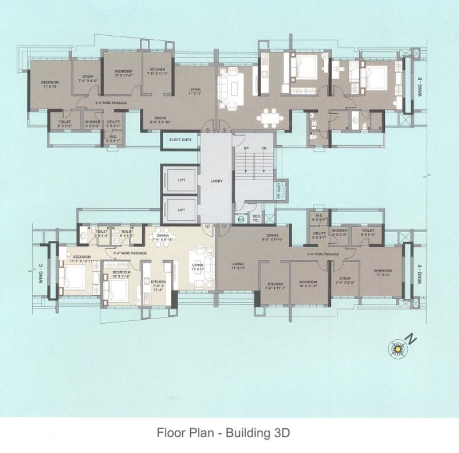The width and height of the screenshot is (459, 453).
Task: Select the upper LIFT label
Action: point(181,180)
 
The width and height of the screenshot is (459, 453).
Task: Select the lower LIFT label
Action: point(181,209)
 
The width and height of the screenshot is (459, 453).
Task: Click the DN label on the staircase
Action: point(264,148)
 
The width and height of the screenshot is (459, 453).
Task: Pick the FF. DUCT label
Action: point(279,190)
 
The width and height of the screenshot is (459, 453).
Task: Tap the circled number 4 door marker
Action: point(224,130)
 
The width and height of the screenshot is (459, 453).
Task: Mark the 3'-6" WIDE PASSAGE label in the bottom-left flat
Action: point(130,253)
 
